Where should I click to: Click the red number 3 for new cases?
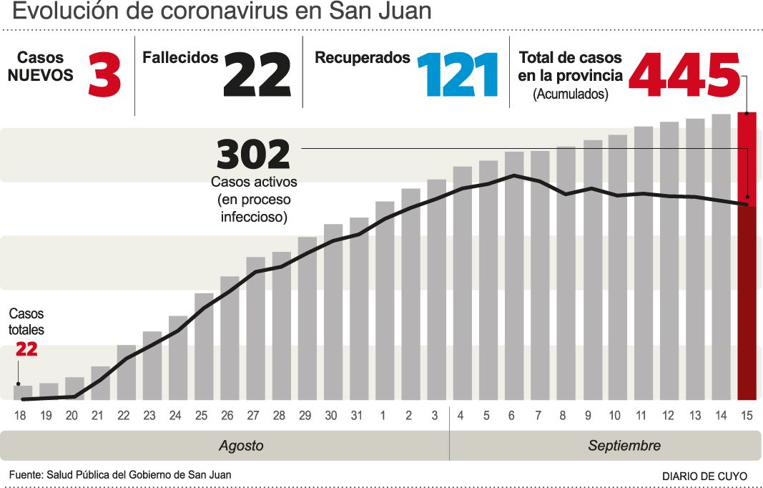coord(104,74)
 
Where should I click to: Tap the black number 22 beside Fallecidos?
coord(257,74)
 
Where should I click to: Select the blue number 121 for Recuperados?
coord(457,74)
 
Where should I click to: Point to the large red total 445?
coord(684,74)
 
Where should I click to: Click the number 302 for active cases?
coord(253,155)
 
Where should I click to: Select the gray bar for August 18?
coord(23,393)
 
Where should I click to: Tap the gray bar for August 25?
coord(204,346)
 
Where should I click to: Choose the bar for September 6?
coord(514,275)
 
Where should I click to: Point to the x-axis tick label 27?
coord(253,415)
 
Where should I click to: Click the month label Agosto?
coord(241,446)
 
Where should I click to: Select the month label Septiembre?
coord(624,446)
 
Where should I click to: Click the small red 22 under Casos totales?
coord(26,349)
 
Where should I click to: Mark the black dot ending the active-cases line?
coord(747,205)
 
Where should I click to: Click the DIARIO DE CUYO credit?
coord(704,476)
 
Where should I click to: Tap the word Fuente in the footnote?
coord(25,474)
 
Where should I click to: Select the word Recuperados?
coord(363,58)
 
